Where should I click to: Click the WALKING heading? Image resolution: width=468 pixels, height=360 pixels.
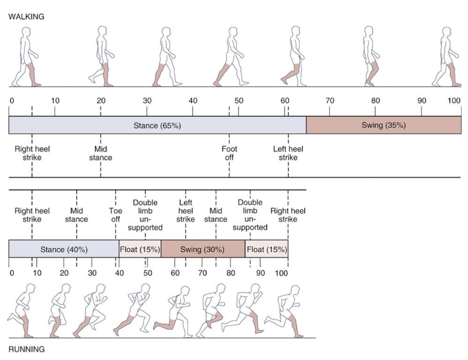tap(26, 17)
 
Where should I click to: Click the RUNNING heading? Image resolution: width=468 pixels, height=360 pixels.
tap(26, 349)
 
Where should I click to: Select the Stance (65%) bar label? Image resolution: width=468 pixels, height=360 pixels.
tap(157, 126)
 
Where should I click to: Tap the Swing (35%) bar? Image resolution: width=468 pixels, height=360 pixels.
tap(384, 126)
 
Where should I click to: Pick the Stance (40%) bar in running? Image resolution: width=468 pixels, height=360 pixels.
tap(64, 249)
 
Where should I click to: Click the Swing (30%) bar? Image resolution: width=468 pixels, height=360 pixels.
tap(203, 249)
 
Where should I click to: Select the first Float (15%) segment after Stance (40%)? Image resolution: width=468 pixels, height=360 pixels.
tap(140, 249)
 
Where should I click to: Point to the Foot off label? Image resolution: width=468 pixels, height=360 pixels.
tap(229, 153)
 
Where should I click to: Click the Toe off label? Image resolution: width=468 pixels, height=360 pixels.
tap(115, 215)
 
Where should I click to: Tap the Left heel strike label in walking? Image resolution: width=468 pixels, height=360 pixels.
tap(288, 153)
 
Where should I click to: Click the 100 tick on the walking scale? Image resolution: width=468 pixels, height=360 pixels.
tap(454, 101)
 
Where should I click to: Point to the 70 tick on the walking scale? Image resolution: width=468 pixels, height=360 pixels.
tap(329, 101)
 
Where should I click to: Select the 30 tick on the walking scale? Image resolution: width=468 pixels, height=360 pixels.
tap(147, 101)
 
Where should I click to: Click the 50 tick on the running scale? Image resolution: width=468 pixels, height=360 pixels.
tap(148, 273)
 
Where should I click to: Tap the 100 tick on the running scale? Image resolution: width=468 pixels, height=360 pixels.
tap(281, 273)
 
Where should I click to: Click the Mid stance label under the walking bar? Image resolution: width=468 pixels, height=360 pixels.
tap(100, 153)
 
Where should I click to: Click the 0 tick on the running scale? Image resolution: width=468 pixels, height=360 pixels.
tap(12, 273)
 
